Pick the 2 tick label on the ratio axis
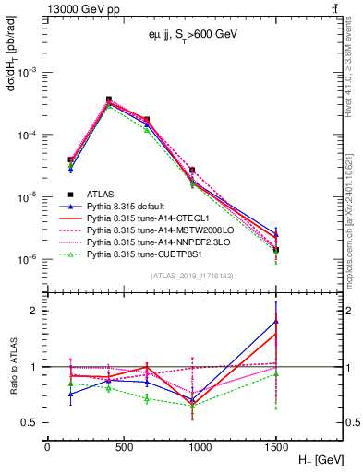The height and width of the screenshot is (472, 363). click(x=35, y=311)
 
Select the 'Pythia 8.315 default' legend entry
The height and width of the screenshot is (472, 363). click(x=130, y=206)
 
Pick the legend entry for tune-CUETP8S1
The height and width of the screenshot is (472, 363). click(x=151, y=254)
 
